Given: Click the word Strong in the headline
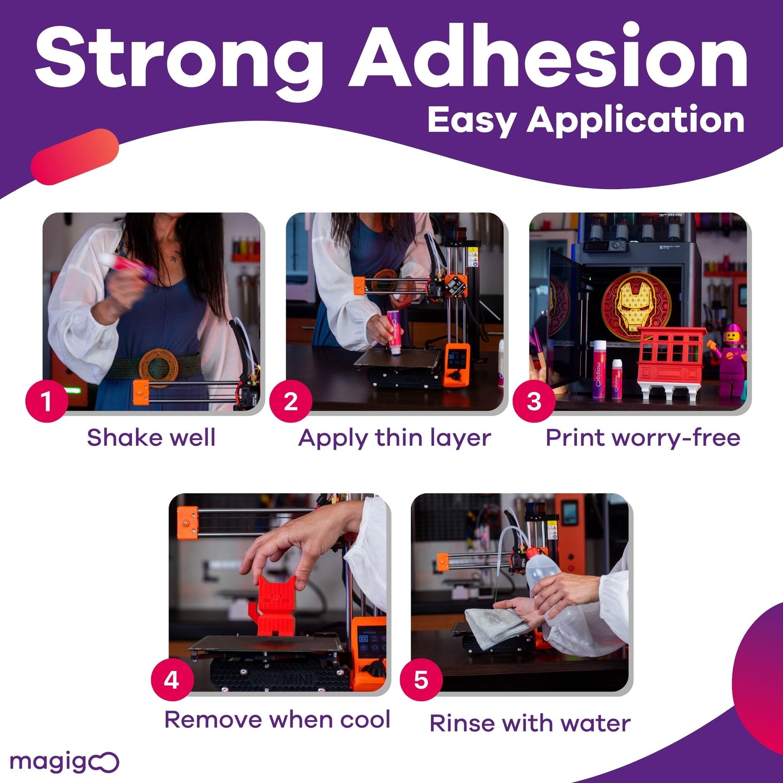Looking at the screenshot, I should tap(179, 57).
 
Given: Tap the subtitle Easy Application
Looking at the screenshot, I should tap(585, 120).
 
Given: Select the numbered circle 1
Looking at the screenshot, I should tap(47, 402).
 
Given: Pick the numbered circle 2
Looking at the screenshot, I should tap(290, 402).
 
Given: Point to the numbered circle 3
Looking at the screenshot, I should tap(534, 402).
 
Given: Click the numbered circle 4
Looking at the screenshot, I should tap(172, 680).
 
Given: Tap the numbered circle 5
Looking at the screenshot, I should tap(421, 680).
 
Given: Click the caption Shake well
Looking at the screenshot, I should tap(151, 438).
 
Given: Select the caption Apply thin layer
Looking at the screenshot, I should tap(394, 438).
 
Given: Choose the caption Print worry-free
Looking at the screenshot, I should tap(643, 438).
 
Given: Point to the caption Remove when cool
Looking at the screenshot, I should tap(277, 720).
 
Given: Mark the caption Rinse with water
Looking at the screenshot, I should tap(530, 723).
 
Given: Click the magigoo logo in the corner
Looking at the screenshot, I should tap(64, 762).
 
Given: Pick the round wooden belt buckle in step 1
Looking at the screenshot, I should tap(158, 368).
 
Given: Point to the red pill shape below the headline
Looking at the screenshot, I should tap(75, 157).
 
